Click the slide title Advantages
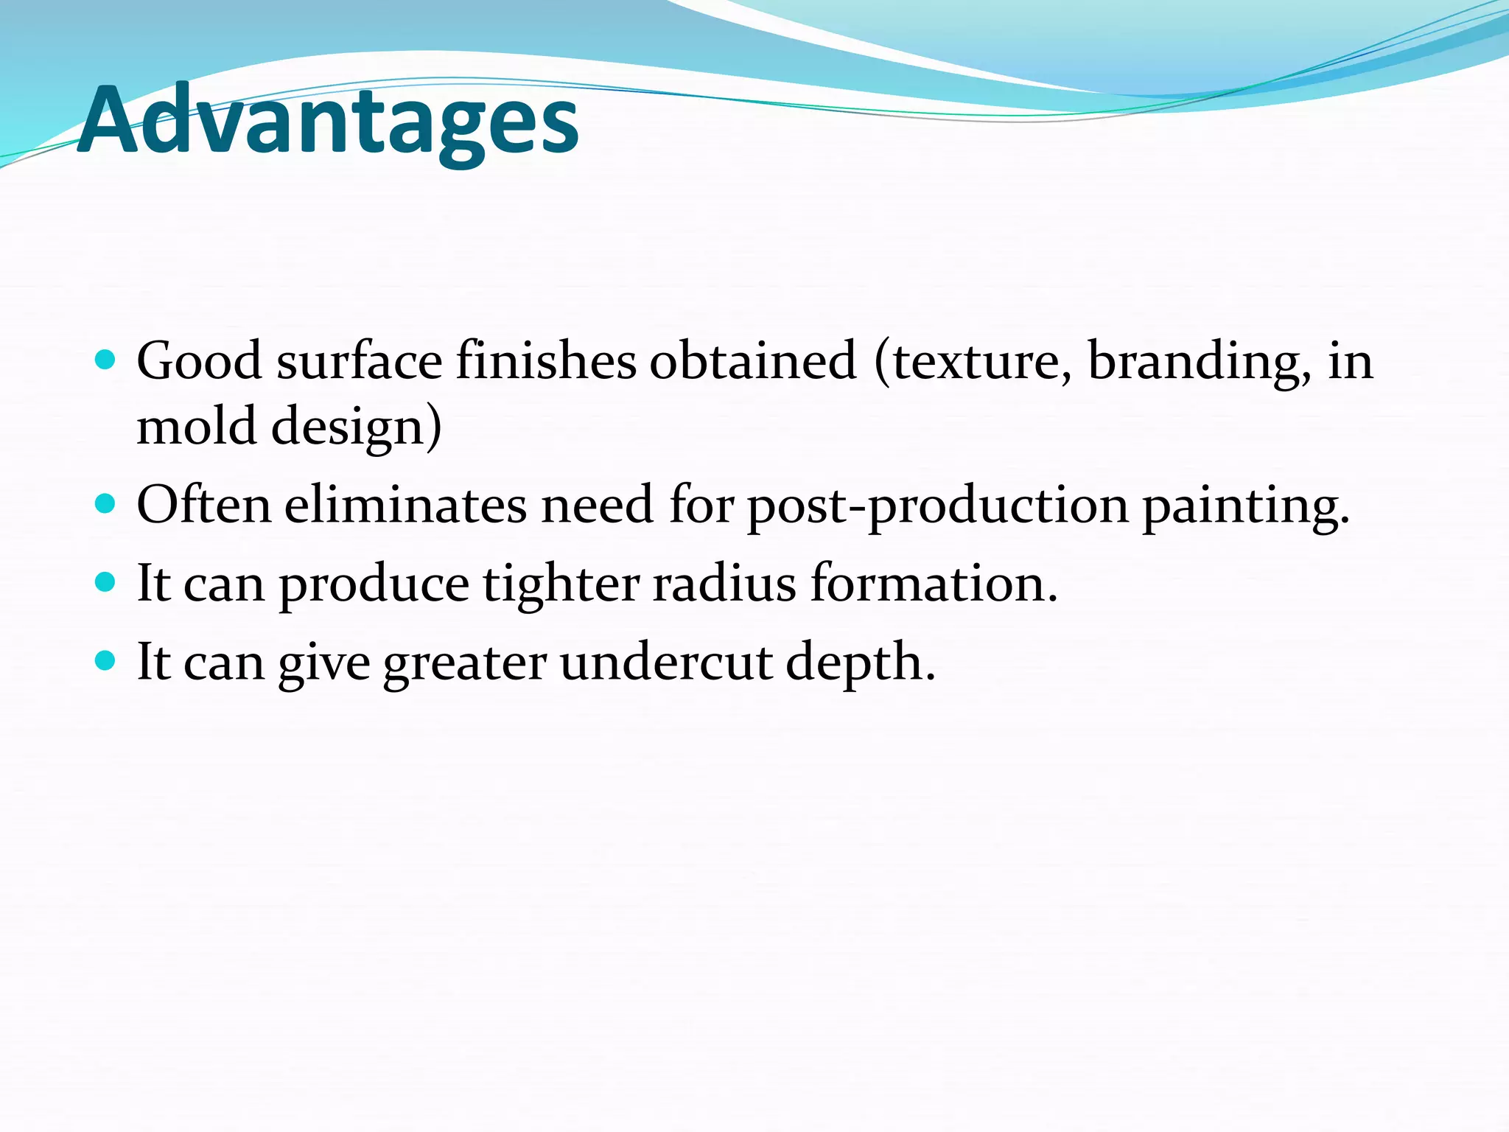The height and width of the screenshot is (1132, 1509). click(x=328, y=120)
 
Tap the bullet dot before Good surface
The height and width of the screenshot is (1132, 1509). click(x=106, y=360)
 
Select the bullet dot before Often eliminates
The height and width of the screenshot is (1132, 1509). click(x=106, y=504)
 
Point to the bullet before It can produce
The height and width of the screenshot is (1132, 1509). click(x=106, y=582)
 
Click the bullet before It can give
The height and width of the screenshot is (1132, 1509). click(x=106, y=660)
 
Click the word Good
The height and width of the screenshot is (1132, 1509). click(x=199, y=361)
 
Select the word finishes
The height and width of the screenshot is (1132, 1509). click(x=546, y=361)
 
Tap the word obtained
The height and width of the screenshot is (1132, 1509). click(x=753, y=361)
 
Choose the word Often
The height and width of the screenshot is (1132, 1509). click(x=204, y=506)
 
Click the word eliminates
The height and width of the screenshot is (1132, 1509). click(x=406, y=506)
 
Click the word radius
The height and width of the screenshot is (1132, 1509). click(x=724, y=584)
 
